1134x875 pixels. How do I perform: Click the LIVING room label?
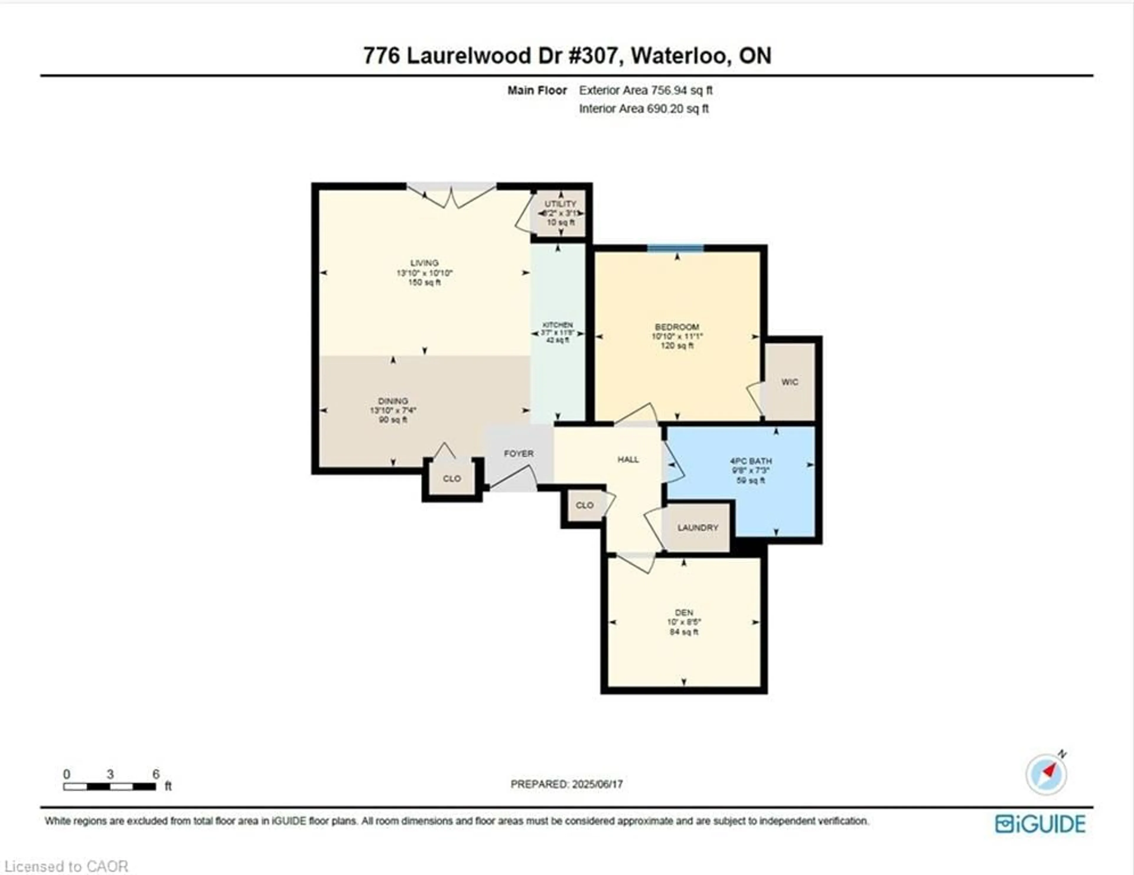(424, 263)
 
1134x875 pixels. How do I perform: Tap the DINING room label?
(392, 401)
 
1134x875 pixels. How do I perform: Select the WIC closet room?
(789, 382)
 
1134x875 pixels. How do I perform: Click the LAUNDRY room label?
(697, 527)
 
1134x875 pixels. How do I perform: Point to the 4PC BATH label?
(751, 461)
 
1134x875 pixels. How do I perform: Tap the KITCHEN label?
(557, 325)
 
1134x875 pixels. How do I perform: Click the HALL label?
(628, 459)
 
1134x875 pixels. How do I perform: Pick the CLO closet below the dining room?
(452, 478)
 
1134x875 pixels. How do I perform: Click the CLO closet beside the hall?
(584, 505)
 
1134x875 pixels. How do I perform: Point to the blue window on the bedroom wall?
(675, 248)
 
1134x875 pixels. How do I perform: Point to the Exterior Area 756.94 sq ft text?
(645, 90)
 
